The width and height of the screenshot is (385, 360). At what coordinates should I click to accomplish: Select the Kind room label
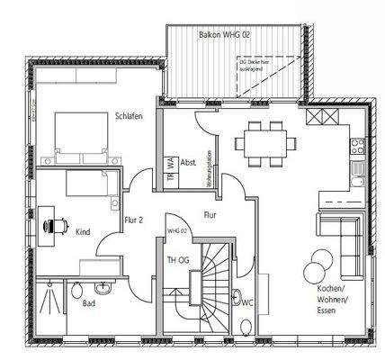click(x=82, y=232)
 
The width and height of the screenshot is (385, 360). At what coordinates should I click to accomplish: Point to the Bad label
click(x=89, y=303)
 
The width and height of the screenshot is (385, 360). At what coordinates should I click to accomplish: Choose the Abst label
click(x=188, y=162)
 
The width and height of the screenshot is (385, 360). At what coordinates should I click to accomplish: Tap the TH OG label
click(x=177, y=261)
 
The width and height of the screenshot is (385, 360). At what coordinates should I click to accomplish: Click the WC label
click(x=246, y=302)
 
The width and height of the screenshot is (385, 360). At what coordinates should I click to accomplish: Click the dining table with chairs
click(x=265, y=143)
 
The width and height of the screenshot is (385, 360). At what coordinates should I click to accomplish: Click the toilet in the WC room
click(x=236, y=298)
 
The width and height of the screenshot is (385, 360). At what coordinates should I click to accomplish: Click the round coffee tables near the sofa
click(x=316, y=267)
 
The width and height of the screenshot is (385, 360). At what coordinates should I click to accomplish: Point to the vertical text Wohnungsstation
click(x=209, y=166)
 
